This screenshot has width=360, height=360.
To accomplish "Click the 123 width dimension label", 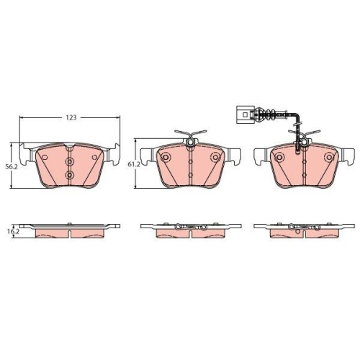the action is [x=71, y=117].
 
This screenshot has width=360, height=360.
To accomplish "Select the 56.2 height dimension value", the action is [x=12, y=167].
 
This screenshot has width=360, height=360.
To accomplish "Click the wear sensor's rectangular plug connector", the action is [x=245, y=114].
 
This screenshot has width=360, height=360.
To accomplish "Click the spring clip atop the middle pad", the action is [x=191, y=138].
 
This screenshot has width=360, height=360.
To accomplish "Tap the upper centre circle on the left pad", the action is [x=70, y=161].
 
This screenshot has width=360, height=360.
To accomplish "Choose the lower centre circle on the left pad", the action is [x=70, y=175].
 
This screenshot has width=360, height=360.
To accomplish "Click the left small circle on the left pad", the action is [x=45, y=158].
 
